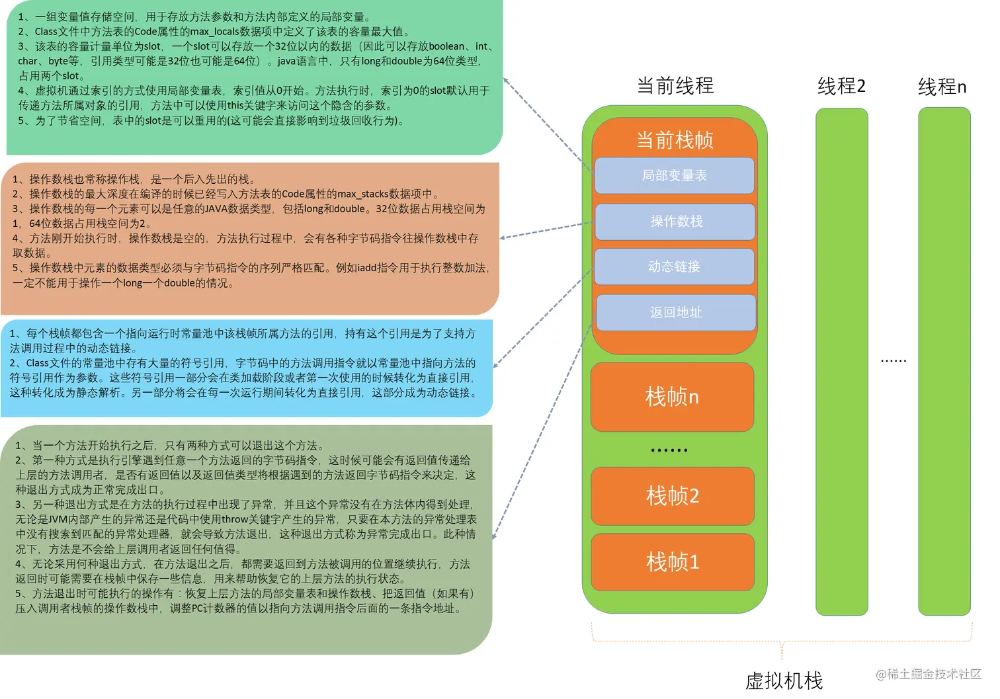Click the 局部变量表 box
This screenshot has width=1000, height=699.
pos(674,175)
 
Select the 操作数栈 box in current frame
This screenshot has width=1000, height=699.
pos(675,222)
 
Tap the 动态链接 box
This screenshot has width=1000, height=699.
pos(674,267)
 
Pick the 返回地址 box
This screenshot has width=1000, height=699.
pos(675,312)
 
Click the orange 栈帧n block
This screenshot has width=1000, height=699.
pos(672,397)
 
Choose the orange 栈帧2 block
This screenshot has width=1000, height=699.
pos(672,496)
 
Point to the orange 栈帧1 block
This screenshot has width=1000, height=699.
pos(672,562)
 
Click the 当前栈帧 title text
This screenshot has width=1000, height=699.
pos(675,140)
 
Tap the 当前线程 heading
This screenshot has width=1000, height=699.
pos(675,86)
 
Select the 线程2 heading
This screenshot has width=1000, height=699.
pos(841,86)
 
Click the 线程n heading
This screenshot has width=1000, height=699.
pos(942,87)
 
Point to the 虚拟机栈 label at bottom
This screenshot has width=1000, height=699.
pos(784,681)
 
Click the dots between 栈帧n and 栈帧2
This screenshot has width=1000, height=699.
pos(669,450)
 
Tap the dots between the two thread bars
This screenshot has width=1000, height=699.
pos(894,361)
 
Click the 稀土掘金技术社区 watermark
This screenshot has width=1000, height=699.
pos(929,674)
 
